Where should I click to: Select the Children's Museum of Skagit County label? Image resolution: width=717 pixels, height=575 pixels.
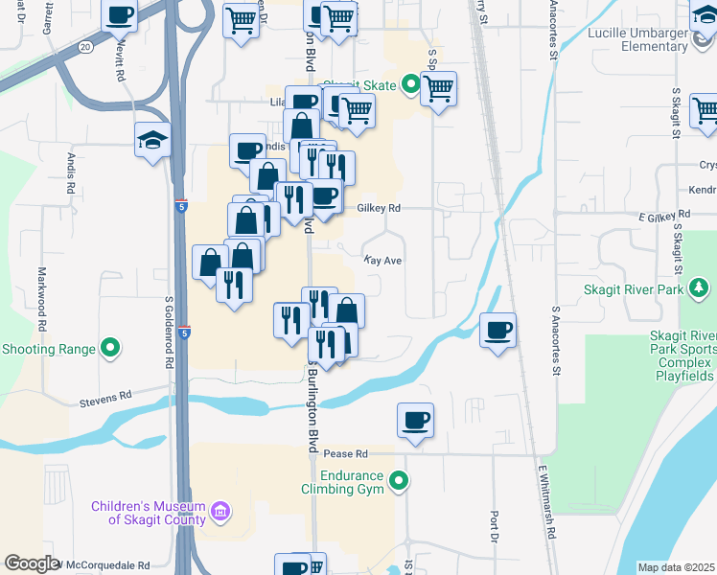pyautogui.click(x=149, y=513)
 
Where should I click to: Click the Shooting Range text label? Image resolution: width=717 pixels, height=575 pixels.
pyautogui.click(x=48, y=349)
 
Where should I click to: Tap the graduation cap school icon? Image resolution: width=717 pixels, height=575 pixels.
pyautogui.click(x=152, y=140)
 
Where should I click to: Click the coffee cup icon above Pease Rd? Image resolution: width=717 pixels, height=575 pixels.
pyautogui.click(x=415, y=420)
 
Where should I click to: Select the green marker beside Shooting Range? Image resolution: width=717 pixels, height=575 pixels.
pyautogui.click(x=110, y=348)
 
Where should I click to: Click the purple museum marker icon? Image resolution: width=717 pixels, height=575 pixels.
pyautogui.click(x=221, y=512)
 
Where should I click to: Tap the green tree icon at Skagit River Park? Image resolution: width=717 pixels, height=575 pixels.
pyautogui.click(x=700, y=288)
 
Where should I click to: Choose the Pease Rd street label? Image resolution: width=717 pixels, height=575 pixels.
pyautogui.click(x=346, y=453)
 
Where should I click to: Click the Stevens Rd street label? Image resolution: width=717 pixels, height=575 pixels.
pyautogui.click(x=105, y=397)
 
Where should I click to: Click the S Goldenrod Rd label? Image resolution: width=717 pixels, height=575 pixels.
pyautogui.click(x=169, y=331)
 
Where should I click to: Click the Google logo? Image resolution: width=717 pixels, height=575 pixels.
pyautogui.click(x=33, y=564)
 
